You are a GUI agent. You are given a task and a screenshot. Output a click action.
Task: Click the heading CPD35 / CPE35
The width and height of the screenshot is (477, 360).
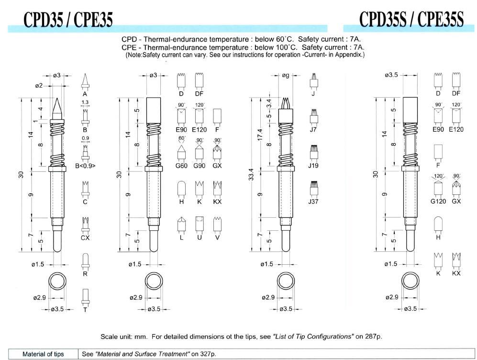(x=68, y=20)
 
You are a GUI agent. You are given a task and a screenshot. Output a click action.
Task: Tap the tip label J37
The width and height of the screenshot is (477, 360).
(x=314, y=202)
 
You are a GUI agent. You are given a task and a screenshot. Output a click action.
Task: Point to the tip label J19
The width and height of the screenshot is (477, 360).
(x=314, y=166)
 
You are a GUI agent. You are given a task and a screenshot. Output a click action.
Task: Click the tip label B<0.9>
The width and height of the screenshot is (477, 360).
(x=85, y=166)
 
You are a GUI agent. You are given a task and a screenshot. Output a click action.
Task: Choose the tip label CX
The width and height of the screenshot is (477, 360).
(x=85, y=237)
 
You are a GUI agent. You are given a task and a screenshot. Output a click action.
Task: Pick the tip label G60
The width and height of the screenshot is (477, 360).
(x=181, y=166)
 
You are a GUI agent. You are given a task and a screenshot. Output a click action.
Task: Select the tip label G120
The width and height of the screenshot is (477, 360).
(x=438, y=202)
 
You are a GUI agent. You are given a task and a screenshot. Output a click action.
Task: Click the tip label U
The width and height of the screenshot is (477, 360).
(x=200, y=237)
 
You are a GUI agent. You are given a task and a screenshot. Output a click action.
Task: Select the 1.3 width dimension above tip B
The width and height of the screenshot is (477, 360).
(x=85, y=102)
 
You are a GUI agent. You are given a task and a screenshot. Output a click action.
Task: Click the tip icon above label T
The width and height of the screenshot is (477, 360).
(x=85, y=295)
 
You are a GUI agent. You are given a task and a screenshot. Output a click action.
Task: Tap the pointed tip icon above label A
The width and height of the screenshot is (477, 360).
(x=85, y=80)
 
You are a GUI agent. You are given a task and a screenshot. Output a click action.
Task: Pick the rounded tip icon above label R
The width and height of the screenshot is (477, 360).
(x=85, y=260)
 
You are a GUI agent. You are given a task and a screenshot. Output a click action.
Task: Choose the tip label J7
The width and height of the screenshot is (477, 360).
(x=314, y=130)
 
